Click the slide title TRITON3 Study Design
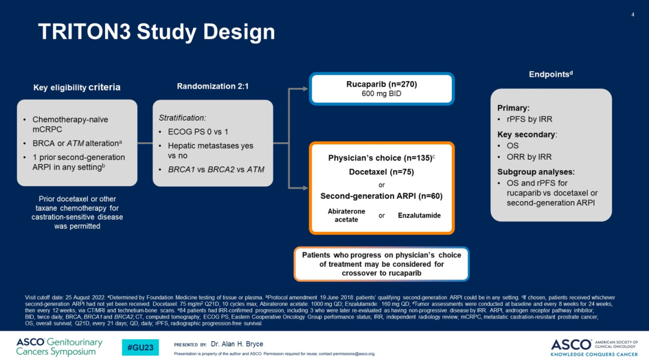click(x=156, y=32)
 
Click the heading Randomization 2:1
click(x=213, y=86)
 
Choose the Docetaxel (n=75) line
click(x=382, y=172)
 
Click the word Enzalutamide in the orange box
click(x=419, y=215)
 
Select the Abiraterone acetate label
click(x=346, y=216)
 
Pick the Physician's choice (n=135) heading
click(x=381, y=158)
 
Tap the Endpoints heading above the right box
click(x=550, y=74)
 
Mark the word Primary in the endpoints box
click(x=513, y=108)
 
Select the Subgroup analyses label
click(x=536, y=172)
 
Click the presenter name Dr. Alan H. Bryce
click(x=237, y=344)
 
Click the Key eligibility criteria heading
click(x=76, y=87)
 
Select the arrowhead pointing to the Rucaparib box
click(x=305, y=89)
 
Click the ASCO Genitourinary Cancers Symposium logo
click(x=59, y=347)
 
